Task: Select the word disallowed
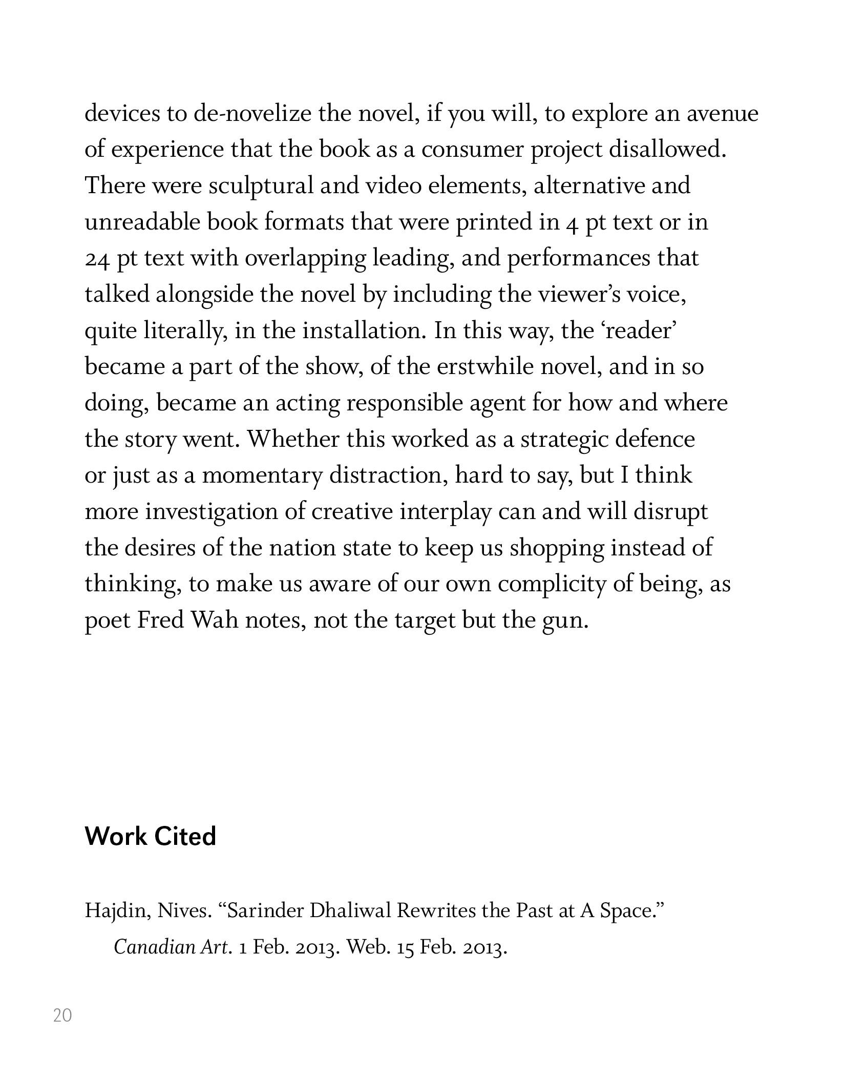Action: [x=667, y=150]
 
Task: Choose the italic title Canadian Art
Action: [x=170, y=947]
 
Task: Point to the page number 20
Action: [x=62, y=1015]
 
